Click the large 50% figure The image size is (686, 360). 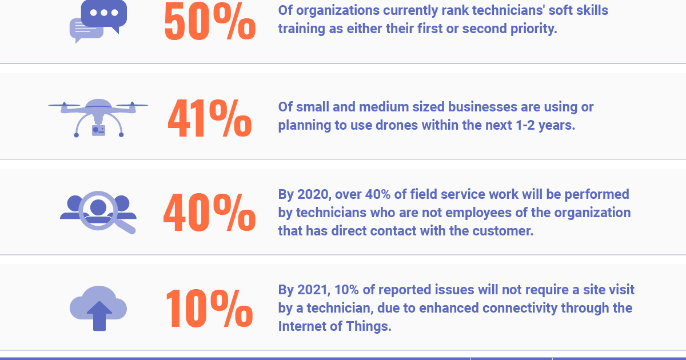pyautogui.click(x=209, y=22)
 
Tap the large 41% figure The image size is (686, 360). pyautogui.click(x=209, y=119)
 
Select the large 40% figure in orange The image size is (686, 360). pyautogui.click(x=209, y=213)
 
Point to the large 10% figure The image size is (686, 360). pyautogui.click(x=209, y=309)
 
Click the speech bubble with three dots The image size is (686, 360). pyautogui.click(x=103, y=14)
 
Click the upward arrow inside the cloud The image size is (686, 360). pyautogui.click(x=99, y=315)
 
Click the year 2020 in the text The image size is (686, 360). pyautogui.click(x=311, y=194)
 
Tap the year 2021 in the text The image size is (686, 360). pyautogui.click(x=311, y=290)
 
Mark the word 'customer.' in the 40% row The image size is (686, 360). pyautogui.click(x=505, y=231)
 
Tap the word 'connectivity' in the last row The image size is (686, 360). pyautogui.click(x=519, y=308)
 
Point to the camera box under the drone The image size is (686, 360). pyautogui.click(x=98, y=130)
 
